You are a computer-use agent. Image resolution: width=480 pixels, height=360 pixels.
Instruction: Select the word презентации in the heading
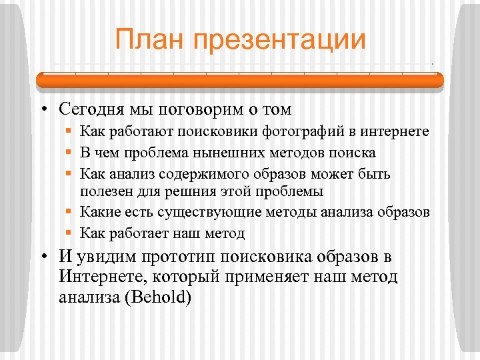[279, 40]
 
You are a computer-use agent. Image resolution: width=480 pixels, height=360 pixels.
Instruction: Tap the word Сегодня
[91, 107]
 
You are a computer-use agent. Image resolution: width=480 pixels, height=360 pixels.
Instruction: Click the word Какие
[99, 212]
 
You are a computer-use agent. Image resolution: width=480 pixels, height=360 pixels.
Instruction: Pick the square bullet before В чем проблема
[69, 153]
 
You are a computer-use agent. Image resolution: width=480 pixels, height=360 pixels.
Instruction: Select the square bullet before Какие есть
[69, 212]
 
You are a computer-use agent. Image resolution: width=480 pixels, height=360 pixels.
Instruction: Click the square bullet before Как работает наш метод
[69, 233]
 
